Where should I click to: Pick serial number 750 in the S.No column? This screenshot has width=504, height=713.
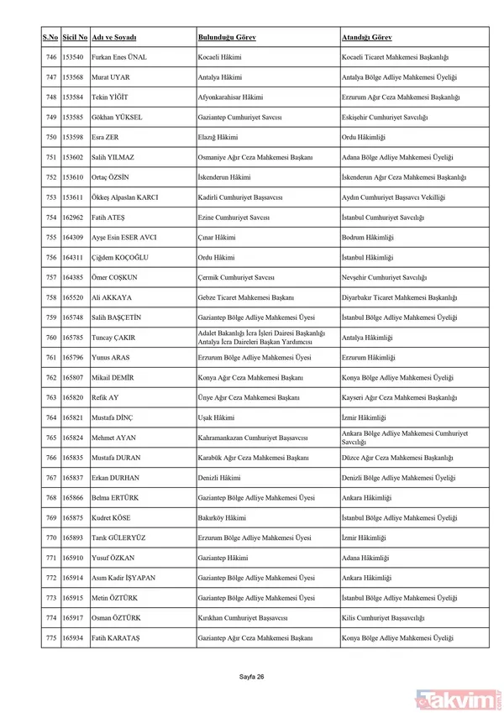click(x=50, y=137)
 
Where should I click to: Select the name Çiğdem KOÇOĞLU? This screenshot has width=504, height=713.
click(x=123, y=258)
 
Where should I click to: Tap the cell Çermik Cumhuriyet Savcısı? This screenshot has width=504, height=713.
click(x=234, y=277)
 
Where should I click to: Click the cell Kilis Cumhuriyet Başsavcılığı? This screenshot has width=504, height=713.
click(x=382, y=618)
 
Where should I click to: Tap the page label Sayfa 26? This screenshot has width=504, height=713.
click(x=252, y=677)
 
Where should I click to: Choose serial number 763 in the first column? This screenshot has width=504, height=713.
click(x=50, y=397)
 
